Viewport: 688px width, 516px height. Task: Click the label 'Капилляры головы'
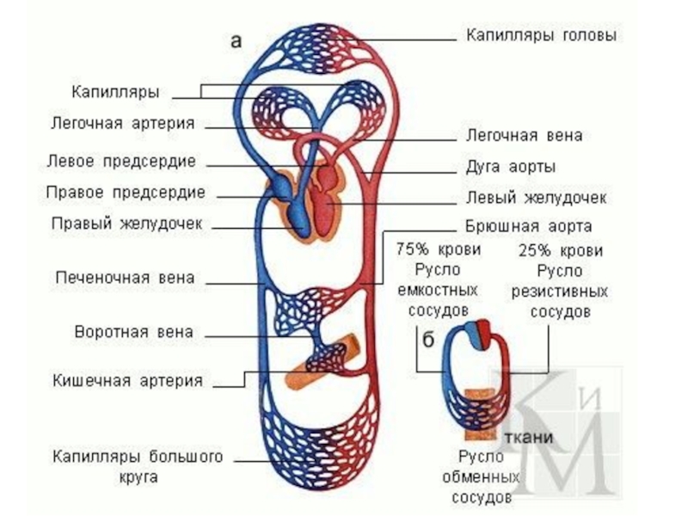(541, 36)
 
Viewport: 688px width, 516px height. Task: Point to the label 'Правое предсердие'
(137, 191)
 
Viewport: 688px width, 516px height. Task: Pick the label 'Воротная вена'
(134, 331)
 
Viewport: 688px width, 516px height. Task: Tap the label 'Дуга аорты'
(510, 166)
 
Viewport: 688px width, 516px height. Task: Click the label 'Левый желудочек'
(536, 198)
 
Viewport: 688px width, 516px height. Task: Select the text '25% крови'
(560, 251)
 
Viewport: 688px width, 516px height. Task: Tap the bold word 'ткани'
(528, 436)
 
